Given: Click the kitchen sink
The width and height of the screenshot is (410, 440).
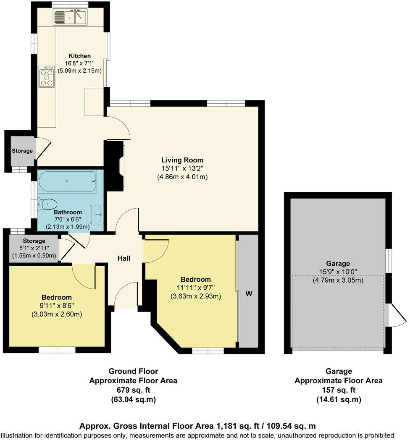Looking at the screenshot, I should pyautogui.click(x=70, y=18).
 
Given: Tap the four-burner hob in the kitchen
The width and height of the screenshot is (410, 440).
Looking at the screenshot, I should pyautogui.click(x=47, y=76).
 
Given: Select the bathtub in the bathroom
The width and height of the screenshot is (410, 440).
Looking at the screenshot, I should pyautogui.click(x=68, y=181).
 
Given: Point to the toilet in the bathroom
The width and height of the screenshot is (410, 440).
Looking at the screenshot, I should pyautogui.click(x=47, y=204).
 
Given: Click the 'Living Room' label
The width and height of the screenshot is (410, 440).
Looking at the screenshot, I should pyautogui.click(x=182, y=160).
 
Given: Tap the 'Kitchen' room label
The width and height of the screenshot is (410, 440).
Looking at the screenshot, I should pyautogui.click(x=80, y=56).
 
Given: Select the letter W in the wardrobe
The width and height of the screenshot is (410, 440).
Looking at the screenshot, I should pyautogui.click(x=249, y=293).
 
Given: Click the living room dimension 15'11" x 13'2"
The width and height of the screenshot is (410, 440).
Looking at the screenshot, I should pyautogui.click(x=182, y=168).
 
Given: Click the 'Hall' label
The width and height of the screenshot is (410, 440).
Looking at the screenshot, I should pyautogui.click(x=124, y=258).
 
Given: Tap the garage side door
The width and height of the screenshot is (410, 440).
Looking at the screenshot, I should pyautogui.click(x=397, y=317).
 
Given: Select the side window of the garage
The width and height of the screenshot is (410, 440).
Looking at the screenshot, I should pyautogui.click(x=389, y=261).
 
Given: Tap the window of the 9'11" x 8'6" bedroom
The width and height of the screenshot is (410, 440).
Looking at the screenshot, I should pyautogui.click(x=57, y=349).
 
